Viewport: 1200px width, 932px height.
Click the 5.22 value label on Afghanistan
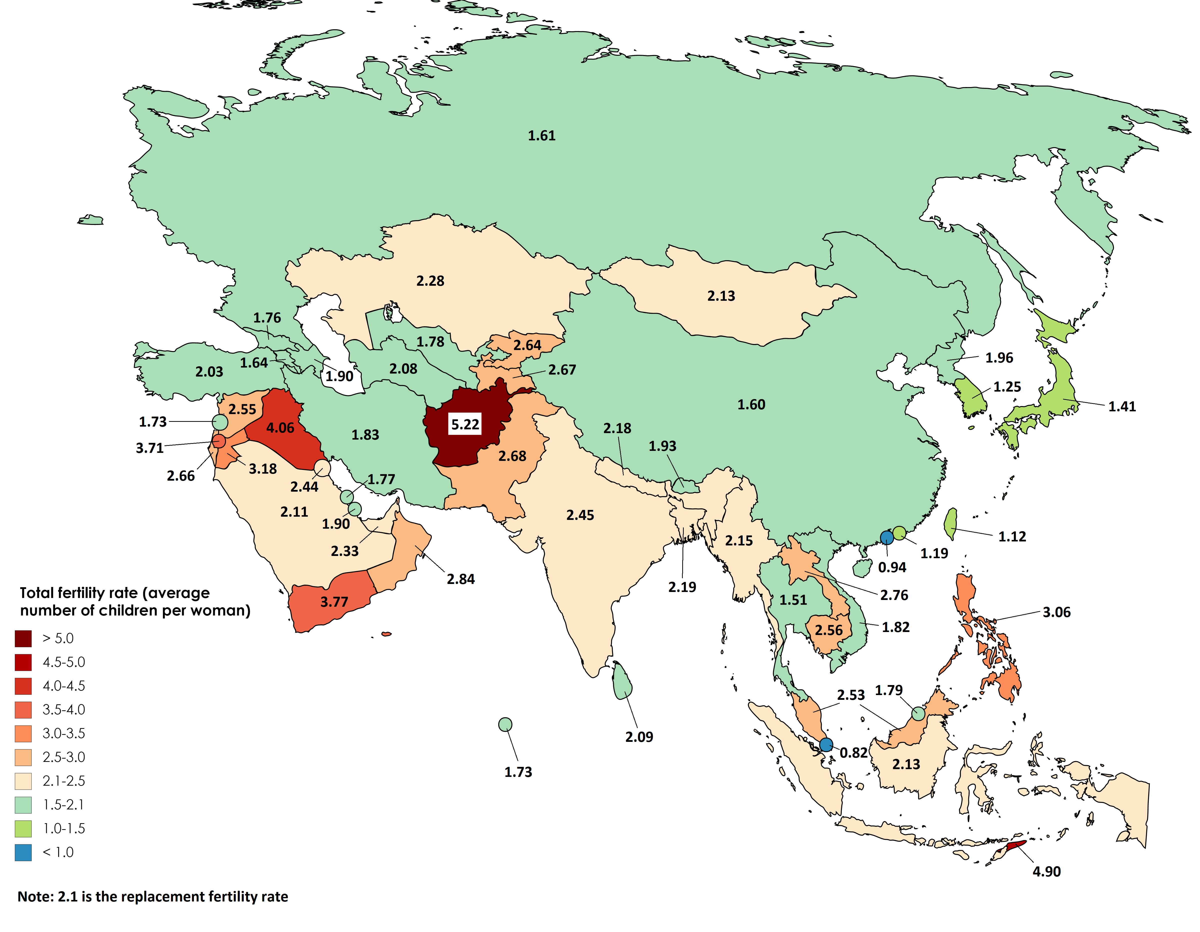pos(465,425)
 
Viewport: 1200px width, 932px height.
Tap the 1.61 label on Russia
pos(542,136)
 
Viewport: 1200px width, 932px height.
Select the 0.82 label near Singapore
pos(853,753)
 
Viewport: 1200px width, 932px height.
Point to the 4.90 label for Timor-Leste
pos(1046,871)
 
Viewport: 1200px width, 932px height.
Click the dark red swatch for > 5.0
pos(23,638)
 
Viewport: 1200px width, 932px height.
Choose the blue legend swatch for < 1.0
pos(23,852)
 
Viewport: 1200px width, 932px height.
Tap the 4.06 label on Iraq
pos(280,428)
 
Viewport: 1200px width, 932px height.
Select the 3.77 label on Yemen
pos(334,602)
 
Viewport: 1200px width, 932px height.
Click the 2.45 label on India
pos(580,515)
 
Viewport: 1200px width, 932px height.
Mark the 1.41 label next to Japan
pos(1121,407)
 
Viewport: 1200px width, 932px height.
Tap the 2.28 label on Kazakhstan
pos(430,281)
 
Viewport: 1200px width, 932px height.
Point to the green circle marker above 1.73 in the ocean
pos(505,725)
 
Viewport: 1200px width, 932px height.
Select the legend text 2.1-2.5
pos(64,781)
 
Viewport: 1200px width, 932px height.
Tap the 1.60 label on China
pos(751,405)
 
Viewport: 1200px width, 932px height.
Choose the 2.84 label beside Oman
pos(460,579)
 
